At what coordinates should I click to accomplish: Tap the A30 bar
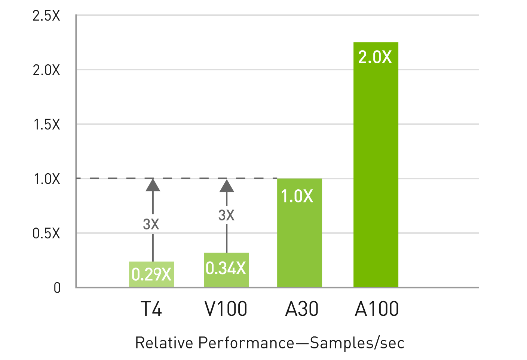point(299,240)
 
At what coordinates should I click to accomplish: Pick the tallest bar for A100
point(376,168)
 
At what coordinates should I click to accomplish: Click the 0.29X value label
point(151,275)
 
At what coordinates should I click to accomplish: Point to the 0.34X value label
point(226,268)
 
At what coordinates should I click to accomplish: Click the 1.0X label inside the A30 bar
point(297,196)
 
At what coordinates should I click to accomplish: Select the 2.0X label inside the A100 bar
point(375,57)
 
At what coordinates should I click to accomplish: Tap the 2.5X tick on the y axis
point(46,16)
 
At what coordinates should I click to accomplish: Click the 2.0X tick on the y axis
point(46,70)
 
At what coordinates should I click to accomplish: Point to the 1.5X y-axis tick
point(47,125)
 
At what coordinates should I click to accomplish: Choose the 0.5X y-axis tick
point(46,234)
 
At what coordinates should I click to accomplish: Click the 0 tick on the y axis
point(57,288)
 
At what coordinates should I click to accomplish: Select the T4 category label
point(151,309)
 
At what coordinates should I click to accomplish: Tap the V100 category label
point(226,309)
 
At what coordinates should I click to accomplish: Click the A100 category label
point(377,309)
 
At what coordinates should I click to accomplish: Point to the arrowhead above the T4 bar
point(153,185)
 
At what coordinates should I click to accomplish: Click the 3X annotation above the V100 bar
point(226,215)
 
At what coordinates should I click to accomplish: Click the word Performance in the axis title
point(246,343)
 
